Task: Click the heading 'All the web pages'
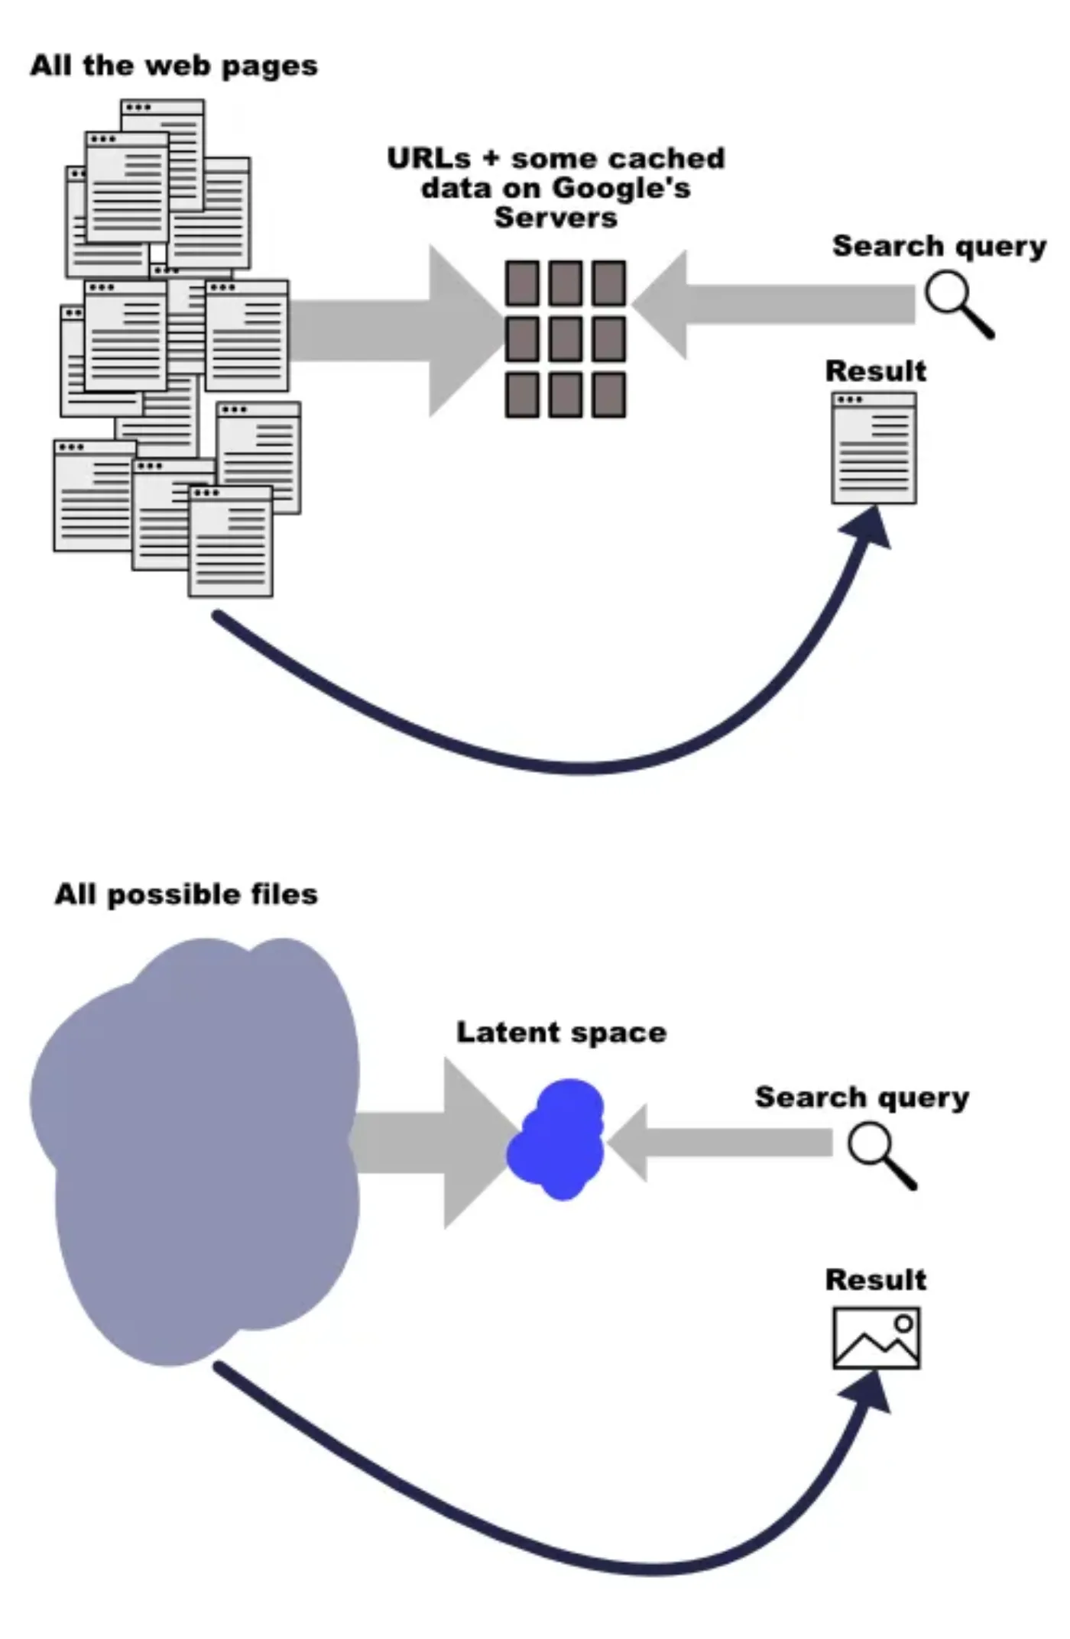174,66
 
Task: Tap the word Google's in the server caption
621,188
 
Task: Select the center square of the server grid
566,339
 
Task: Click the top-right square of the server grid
609,283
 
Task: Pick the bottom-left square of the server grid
522,395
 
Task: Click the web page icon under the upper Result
874,448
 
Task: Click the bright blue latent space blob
556,1139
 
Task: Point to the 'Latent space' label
562,1033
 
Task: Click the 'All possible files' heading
186,894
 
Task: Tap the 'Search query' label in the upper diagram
939,247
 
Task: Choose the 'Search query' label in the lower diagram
862,1098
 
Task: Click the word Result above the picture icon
876,1279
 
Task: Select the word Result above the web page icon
876,371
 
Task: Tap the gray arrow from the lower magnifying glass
720,1143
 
